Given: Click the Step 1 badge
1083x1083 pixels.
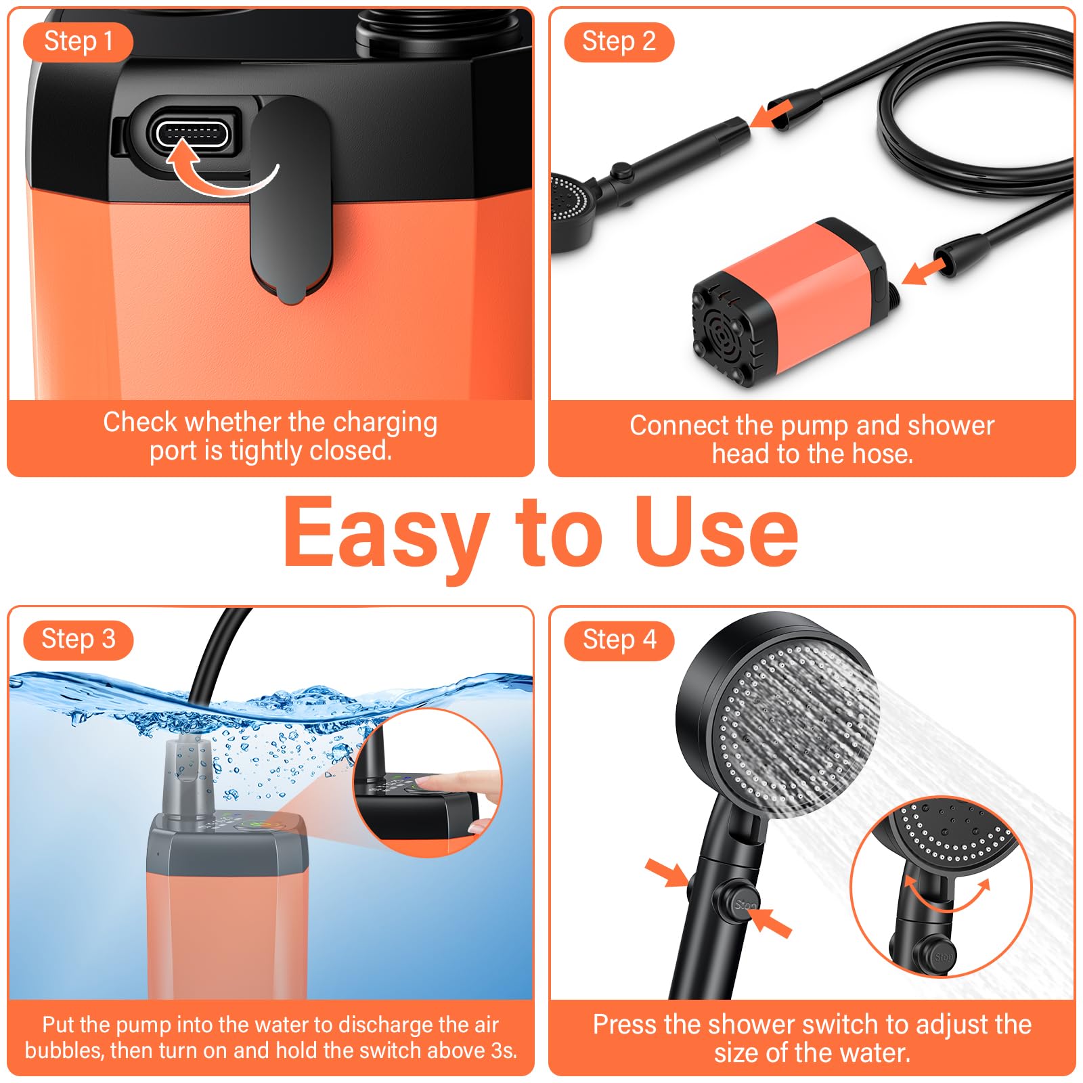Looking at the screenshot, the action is [78, 42].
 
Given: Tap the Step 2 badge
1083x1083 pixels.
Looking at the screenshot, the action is [619, 42].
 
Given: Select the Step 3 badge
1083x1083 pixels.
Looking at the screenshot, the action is [78, 640].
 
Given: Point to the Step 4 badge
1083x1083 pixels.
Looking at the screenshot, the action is [619, 640].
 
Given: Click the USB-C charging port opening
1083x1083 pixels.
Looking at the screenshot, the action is [192, 133].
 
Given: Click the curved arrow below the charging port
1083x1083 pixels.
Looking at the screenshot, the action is [220, 172].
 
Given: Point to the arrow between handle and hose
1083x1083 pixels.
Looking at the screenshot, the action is [772, 113].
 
